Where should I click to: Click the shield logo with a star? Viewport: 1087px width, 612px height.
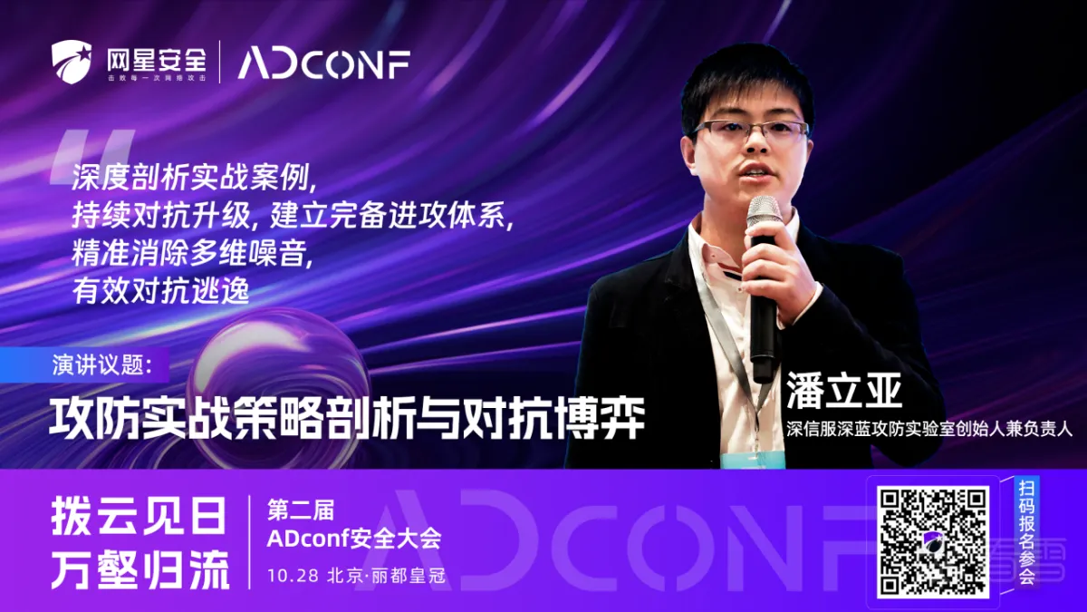point(72,62)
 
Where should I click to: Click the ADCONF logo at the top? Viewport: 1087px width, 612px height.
point(323,64)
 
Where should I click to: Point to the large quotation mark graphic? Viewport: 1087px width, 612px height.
point(91,158)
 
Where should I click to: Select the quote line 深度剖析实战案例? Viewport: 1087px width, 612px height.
point(194,179)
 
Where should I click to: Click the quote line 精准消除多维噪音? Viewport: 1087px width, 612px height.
point(192,253)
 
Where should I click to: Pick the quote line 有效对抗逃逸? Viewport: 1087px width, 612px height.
point(160,290)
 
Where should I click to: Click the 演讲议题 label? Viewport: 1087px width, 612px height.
point(102,365)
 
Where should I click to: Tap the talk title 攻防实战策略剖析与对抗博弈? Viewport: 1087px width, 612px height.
point(347,418)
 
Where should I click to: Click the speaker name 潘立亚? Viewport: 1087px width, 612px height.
point(844,392)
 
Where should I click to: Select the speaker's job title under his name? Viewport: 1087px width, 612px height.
point(929,430)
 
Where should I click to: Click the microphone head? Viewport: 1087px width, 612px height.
point(764,216)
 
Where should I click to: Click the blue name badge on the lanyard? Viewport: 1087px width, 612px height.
point(753,459)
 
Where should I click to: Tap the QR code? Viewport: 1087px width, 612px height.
point(933,541)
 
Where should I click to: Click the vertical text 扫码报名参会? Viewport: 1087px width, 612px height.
point(1026,532)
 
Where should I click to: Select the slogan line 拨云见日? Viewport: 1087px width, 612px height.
point(139,515)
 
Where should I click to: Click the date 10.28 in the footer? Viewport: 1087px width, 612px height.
point(293,576)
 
